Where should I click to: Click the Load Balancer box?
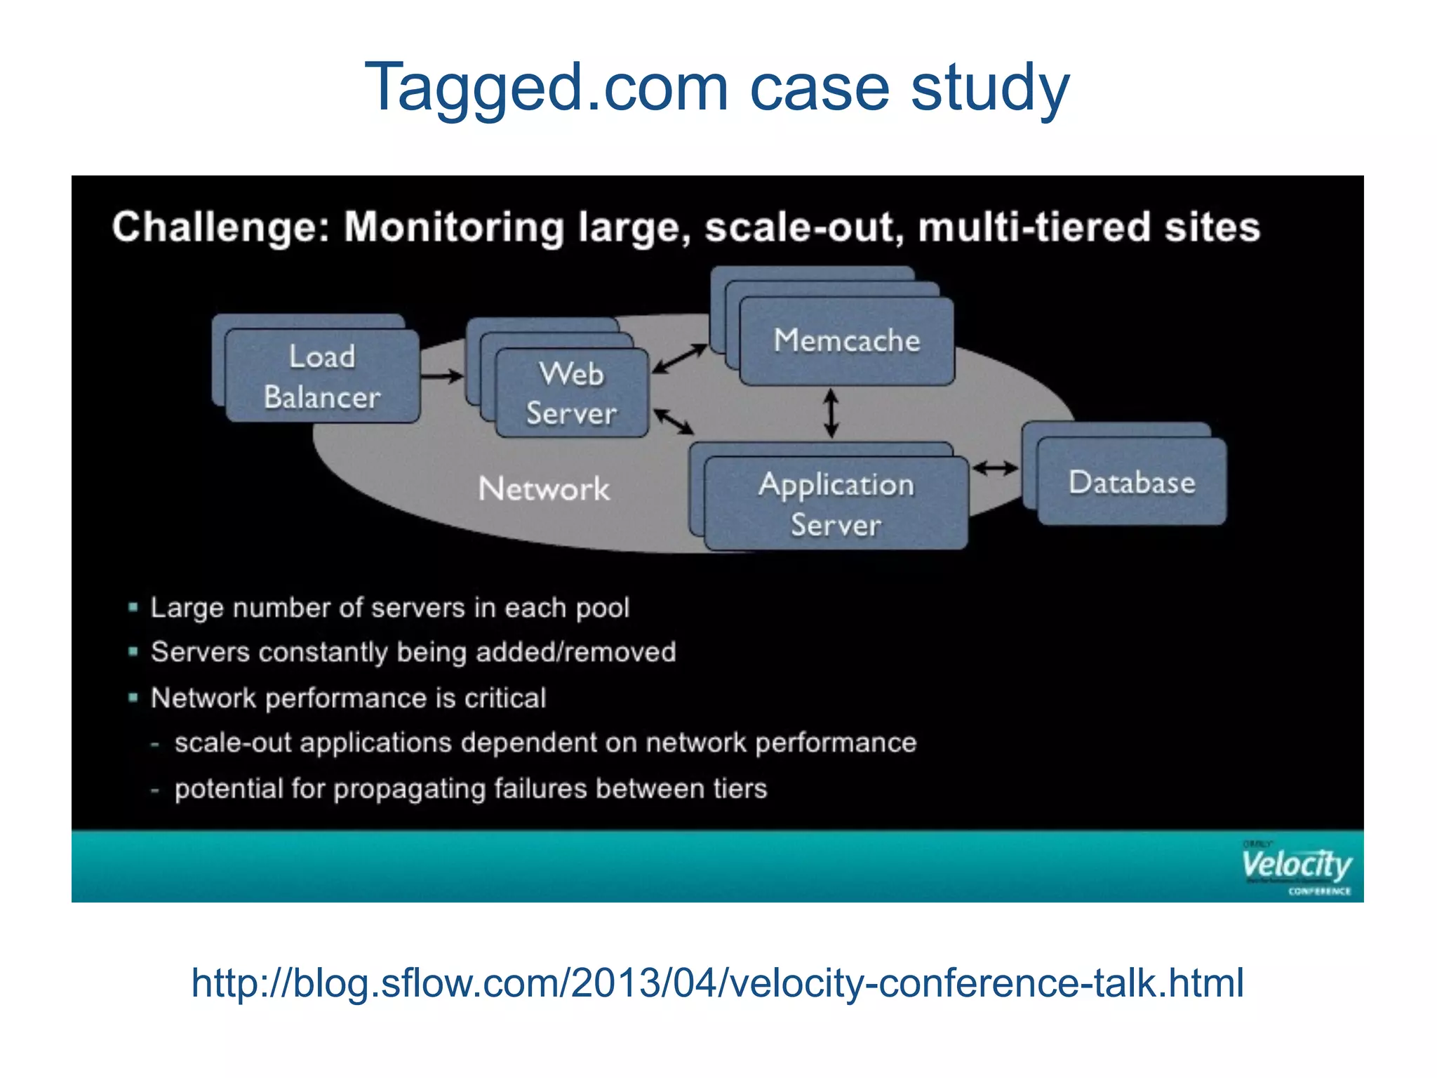click(x=322, y=376)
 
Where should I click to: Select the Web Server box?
click(x=571, y=393)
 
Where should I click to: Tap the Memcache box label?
click(x=846, y=340)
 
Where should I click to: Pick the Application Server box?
click(x=836, y=503)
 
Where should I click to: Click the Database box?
click(x=1131, y=482)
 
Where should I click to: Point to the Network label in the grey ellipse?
click(x=544, y=488)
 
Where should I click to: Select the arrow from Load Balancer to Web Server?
click(x=442, y=376)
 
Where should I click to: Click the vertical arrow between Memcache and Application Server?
click(x=831, y=413)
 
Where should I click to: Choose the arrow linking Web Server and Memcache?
click(x=679, y=358)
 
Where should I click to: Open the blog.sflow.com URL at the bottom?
click(x=717, y=983)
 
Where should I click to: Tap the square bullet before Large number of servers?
click(x=133, y=607)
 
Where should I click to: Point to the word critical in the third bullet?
click(x=505, y=698)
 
